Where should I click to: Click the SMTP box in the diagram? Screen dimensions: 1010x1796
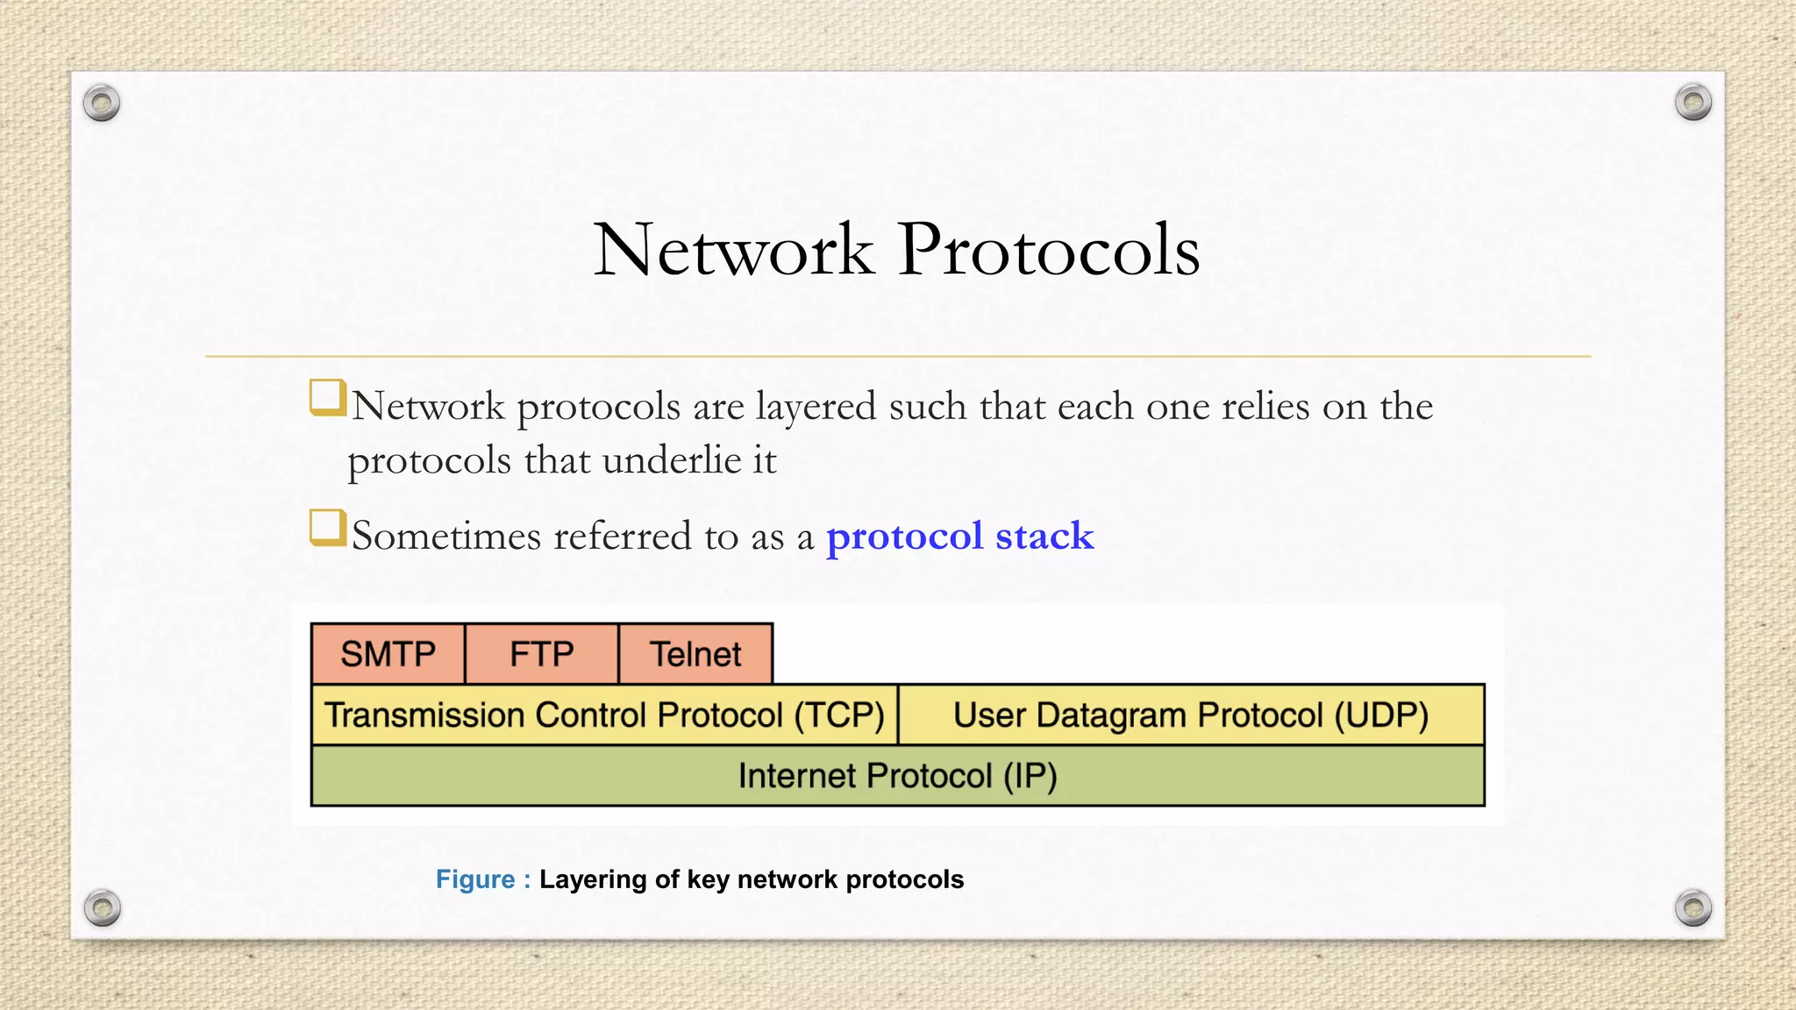click(388, 654)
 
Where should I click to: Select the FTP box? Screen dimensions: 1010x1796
click(541, 654)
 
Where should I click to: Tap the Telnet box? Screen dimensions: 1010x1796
click(695, 654)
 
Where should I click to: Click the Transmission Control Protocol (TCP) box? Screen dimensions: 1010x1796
click(604, 715)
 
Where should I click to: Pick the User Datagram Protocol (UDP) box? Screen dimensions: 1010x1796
click(1191, 715)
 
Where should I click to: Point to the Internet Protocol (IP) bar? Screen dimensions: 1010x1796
click(897, 776)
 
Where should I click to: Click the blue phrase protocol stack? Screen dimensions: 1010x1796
click(959, 536)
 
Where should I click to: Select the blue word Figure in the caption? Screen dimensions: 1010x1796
click(475, 879)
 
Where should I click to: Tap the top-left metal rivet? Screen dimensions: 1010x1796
click(102, 103)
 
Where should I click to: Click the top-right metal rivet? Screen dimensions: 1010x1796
click(1693, 103)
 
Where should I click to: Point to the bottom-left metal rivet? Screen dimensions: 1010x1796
click(102, 907)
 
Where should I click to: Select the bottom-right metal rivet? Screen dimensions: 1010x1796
click(1693, 907)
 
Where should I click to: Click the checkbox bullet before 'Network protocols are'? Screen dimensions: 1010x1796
click(327, 397)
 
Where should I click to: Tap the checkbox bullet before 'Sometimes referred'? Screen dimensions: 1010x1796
click(327, 528)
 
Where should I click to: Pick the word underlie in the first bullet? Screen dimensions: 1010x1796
click(672, 460)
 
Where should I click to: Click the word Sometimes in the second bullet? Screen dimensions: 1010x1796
click(445, 536)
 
